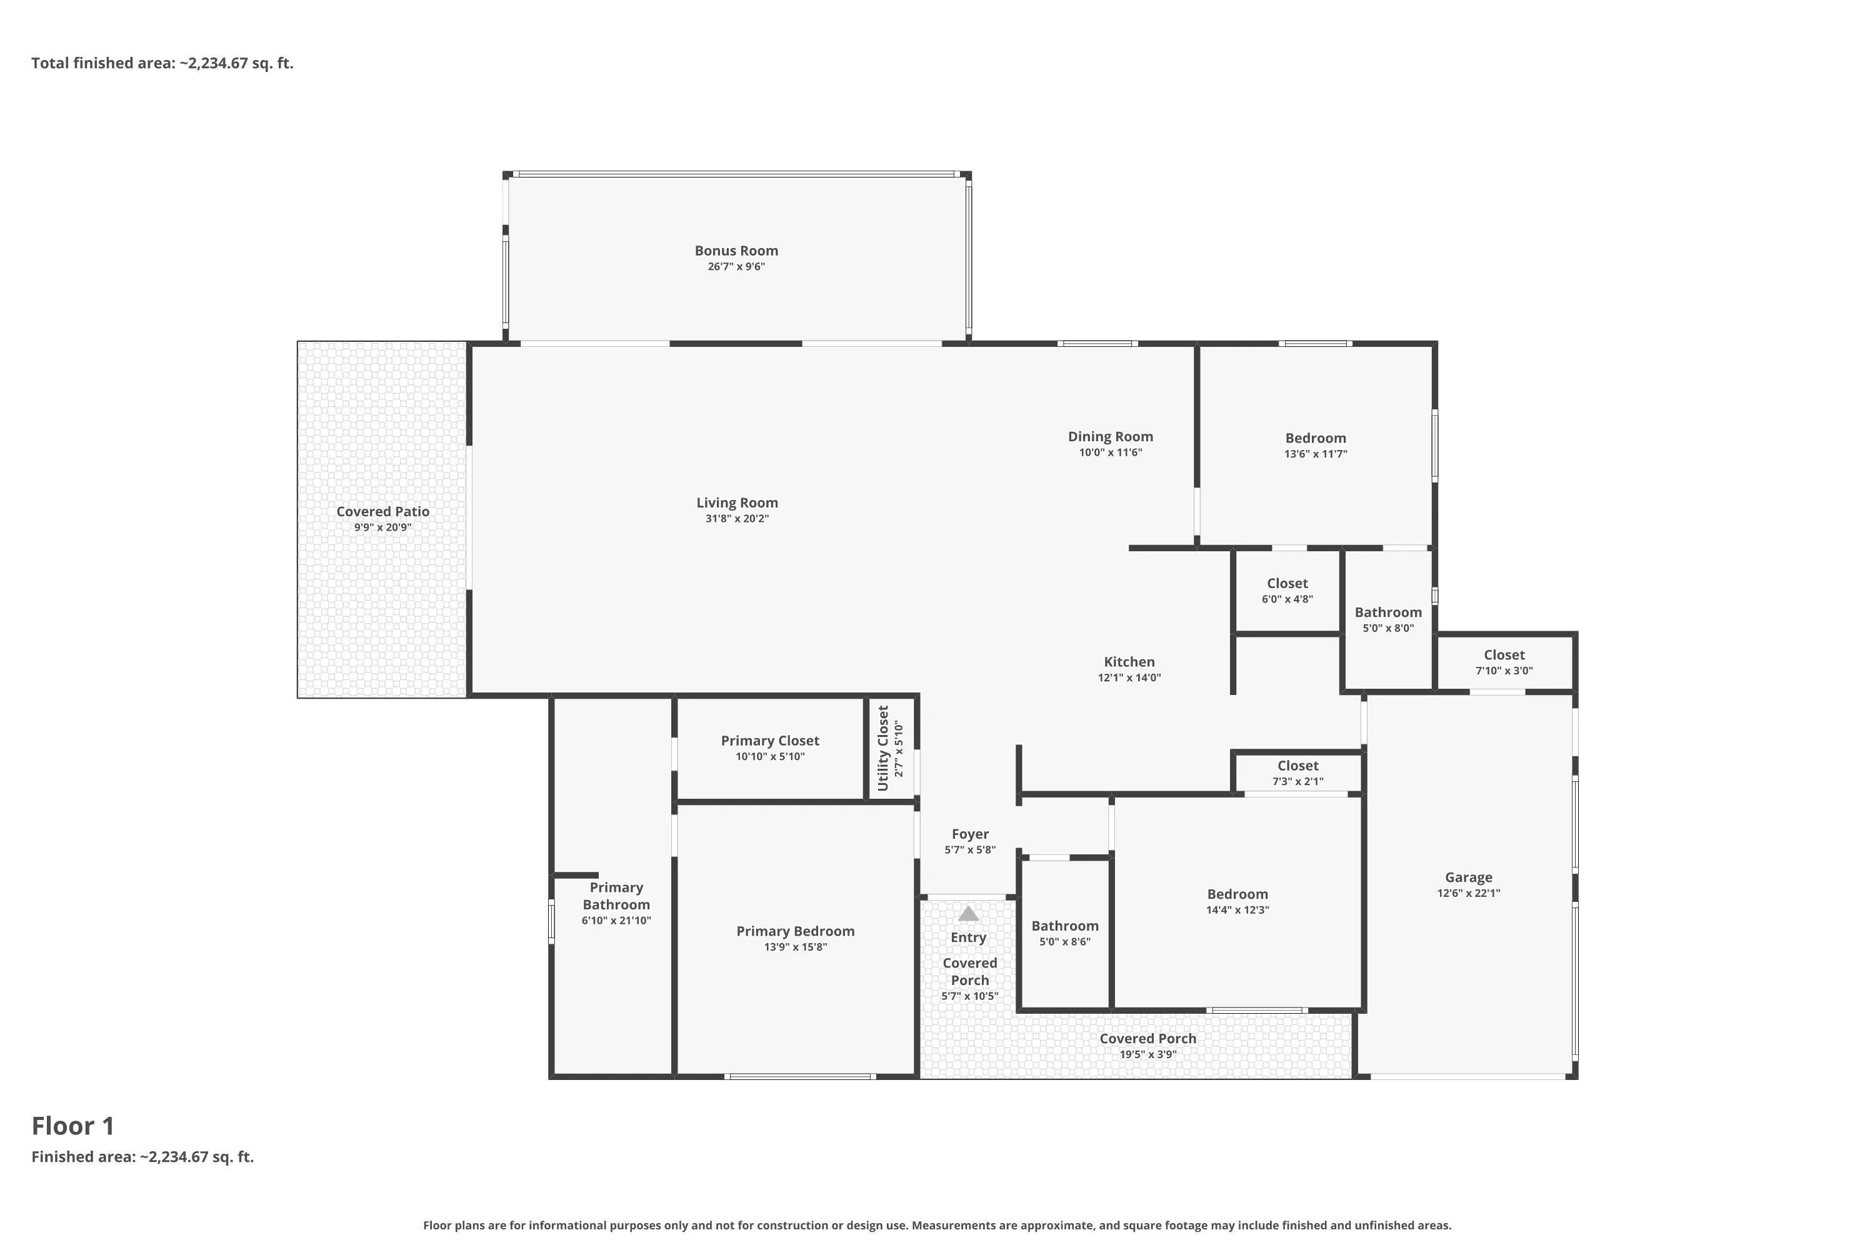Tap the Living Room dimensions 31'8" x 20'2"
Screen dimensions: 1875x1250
737,518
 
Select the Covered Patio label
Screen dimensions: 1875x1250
382,512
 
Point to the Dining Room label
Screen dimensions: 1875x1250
1111,437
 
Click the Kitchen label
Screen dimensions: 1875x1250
1129,662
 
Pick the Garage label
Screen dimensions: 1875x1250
1468,877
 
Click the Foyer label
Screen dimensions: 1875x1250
970,834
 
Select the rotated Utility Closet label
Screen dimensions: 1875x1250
882,747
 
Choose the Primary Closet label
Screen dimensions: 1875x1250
770,741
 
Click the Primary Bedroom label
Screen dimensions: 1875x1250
796,931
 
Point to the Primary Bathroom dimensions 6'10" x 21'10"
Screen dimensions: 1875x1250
616,920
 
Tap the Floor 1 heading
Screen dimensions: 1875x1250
73,1126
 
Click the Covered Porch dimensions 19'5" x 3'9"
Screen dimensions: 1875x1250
1148,1054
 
